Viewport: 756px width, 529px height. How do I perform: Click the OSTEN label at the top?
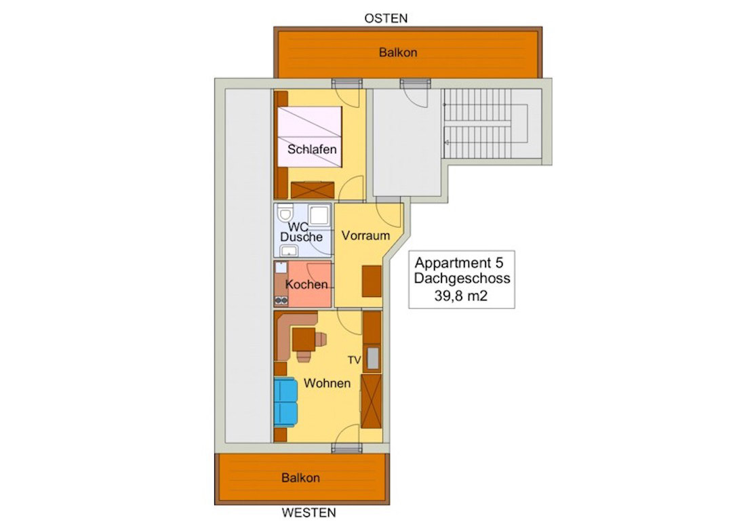386,18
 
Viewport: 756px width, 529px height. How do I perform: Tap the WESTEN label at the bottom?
309,513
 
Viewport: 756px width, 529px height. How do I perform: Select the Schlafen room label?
312,149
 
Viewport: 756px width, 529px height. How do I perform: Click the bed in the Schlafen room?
309,136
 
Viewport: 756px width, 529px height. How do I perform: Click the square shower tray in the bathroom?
319,215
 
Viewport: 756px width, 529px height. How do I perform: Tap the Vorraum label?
365,236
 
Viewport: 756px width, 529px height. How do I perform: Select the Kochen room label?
306,285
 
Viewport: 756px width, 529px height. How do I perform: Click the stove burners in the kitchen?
281,301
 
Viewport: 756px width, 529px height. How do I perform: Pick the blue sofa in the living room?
285,403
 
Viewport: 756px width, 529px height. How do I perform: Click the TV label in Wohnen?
355,359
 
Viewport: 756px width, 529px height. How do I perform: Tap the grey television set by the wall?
373,358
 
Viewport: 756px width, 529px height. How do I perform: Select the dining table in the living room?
303,340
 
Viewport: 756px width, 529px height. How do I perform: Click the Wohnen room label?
327,383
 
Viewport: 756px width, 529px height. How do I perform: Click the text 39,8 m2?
461,296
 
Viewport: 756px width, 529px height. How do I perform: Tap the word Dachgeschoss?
462,279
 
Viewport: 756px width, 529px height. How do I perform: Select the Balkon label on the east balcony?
398,53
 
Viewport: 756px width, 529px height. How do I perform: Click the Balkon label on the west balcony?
300,478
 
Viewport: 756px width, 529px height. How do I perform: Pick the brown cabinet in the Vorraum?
372,281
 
